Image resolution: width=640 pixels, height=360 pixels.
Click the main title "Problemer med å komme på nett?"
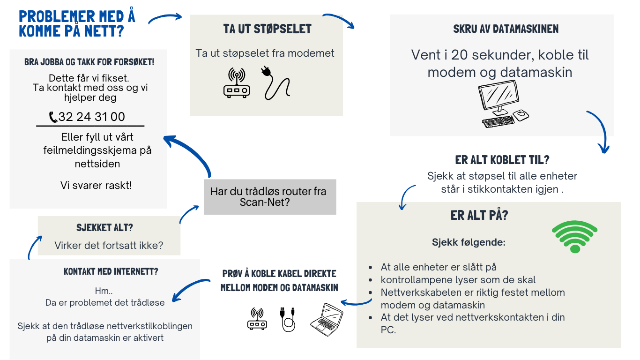click(77, 23)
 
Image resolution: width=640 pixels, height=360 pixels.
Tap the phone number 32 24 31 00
click(92, 117)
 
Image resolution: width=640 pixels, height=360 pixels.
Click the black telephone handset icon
click(53, 117)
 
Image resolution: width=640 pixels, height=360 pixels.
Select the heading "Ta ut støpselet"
click(267, 29)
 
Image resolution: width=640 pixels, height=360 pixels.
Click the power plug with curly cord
click(275, 83)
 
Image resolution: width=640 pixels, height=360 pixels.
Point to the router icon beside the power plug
click(237, 83)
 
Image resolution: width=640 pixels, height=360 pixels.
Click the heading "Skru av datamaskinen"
click(506, 29)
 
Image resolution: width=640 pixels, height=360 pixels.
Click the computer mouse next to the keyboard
click(521, 115)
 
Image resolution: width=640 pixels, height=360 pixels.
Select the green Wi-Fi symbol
click(574, 236)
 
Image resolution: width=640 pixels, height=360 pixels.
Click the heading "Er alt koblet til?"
click(502, 160)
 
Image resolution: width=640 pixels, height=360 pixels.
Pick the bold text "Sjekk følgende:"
click(469, 242)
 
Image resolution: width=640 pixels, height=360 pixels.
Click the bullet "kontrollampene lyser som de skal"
click(458, 280)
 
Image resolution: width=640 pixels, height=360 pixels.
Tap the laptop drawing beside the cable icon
click(327, 319)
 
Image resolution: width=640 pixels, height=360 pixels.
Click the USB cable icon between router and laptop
click(288, 319)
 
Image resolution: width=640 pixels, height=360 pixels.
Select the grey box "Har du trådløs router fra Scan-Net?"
click(270, 197)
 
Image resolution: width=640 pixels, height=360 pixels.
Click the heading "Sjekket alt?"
click(104, 228)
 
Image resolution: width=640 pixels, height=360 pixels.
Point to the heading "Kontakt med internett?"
click(111, 271)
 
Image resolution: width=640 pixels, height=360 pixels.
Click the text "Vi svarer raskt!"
click(96, 185)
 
